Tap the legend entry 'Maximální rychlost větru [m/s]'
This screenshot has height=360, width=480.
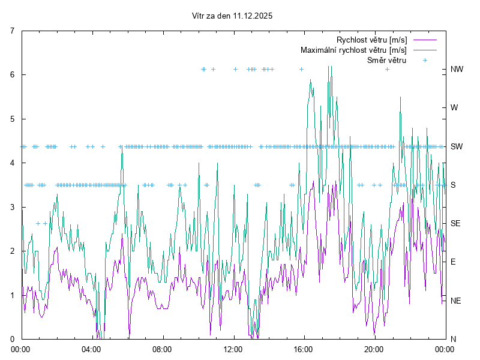353,50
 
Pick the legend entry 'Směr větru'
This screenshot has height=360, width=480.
386,60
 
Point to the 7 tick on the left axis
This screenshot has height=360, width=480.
13,30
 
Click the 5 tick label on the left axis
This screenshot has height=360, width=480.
13,119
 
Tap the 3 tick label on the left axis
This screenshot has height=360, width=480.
13,207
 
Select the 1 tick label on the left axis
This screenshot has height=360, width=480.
13,295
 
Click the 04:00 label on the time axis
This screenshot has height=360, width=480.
92,348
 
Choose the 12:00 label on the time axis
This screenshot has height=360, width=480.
233,348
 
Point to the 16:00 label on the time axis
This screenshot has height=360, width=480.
304,348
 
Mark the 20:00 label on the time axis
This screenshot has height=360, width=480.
374,348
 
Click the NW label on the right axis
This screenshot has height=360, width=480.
457,69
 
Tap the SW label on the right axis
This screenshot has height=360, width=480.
457,146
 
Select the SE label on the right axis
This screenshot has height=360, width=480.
456,223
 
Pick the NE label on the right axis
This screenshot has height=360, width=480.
456,300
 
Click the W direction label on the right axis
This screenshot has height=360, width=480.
454,107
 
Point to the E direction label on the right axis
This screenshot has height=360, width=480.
453,262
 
